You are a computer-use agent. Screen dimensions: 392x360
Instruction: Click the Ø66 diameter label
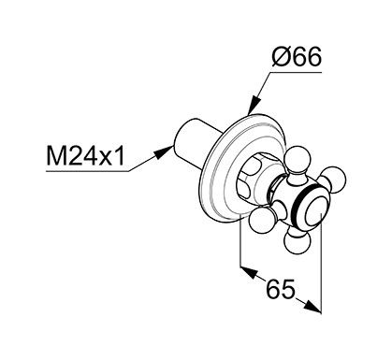[x=297, y=57]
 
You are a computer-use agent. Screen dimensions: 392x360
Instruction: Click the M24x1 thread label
[x=85, y=156]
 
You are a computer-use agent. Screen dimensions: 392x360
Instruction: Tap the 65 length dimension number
[x=280, y=289]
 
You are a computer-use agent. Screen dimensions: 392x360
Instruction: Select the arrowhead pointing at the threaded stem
[x=164, y=151]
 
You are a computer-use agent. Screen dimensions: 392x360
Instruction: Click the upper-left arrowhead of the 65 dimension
[x=249, y=273]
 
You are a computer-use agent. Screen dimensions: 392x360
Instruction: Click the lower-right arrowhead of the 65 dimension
[x=312, y=306]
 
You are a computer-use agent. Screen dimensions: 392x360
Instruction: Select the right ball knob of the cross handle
[x=334, y=180]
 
